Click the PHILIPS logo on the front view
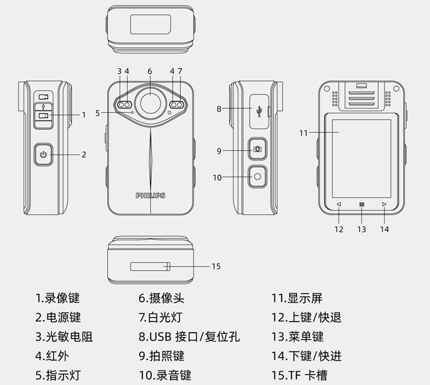(150, 195)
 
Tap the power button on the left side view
(43, 155)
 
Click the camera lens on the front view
(150, 103)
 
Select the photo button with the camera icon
(257, 150)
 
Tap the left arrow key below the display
(339, 205)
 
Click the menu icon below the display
(361, 205)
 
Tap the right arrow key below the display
(384, 205)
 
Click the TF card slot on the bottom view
(150, 267)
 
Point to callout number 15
(216, 267)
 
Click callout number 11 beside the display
(304, 133)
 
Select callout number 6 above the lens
(150, 71)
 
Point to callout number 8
(219, 109)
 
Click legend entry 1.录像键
(58, 299)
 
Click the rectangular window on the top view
(150, 25)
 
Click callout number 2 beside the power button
(84, 155)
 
